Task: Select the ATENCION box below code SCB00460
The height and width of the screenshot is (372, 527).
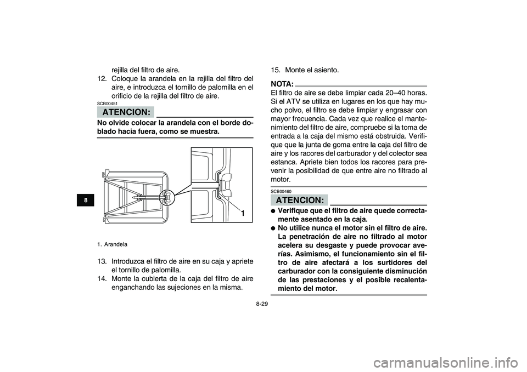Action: click(x=299, y=199)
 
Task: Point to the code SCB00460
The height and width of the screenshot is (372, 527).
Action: click(x=281, y=191)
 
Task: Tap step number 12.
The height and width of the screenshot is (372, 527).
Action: click(x=103, y=78)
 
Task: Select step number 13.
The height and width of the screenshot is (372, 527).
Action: click(x=103, y=261)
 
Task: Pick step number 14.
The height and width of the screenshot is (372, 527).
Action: click(x=103, y=279)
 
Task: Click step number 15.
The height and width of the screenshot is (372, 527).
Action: click(x=276, y=70)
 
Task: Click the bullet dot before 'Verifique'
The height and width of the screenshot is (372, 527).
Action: click(x=273, y=211)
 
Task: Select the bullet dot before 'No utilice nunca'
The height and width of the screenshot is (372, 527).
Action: click(x=273, y=227)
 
